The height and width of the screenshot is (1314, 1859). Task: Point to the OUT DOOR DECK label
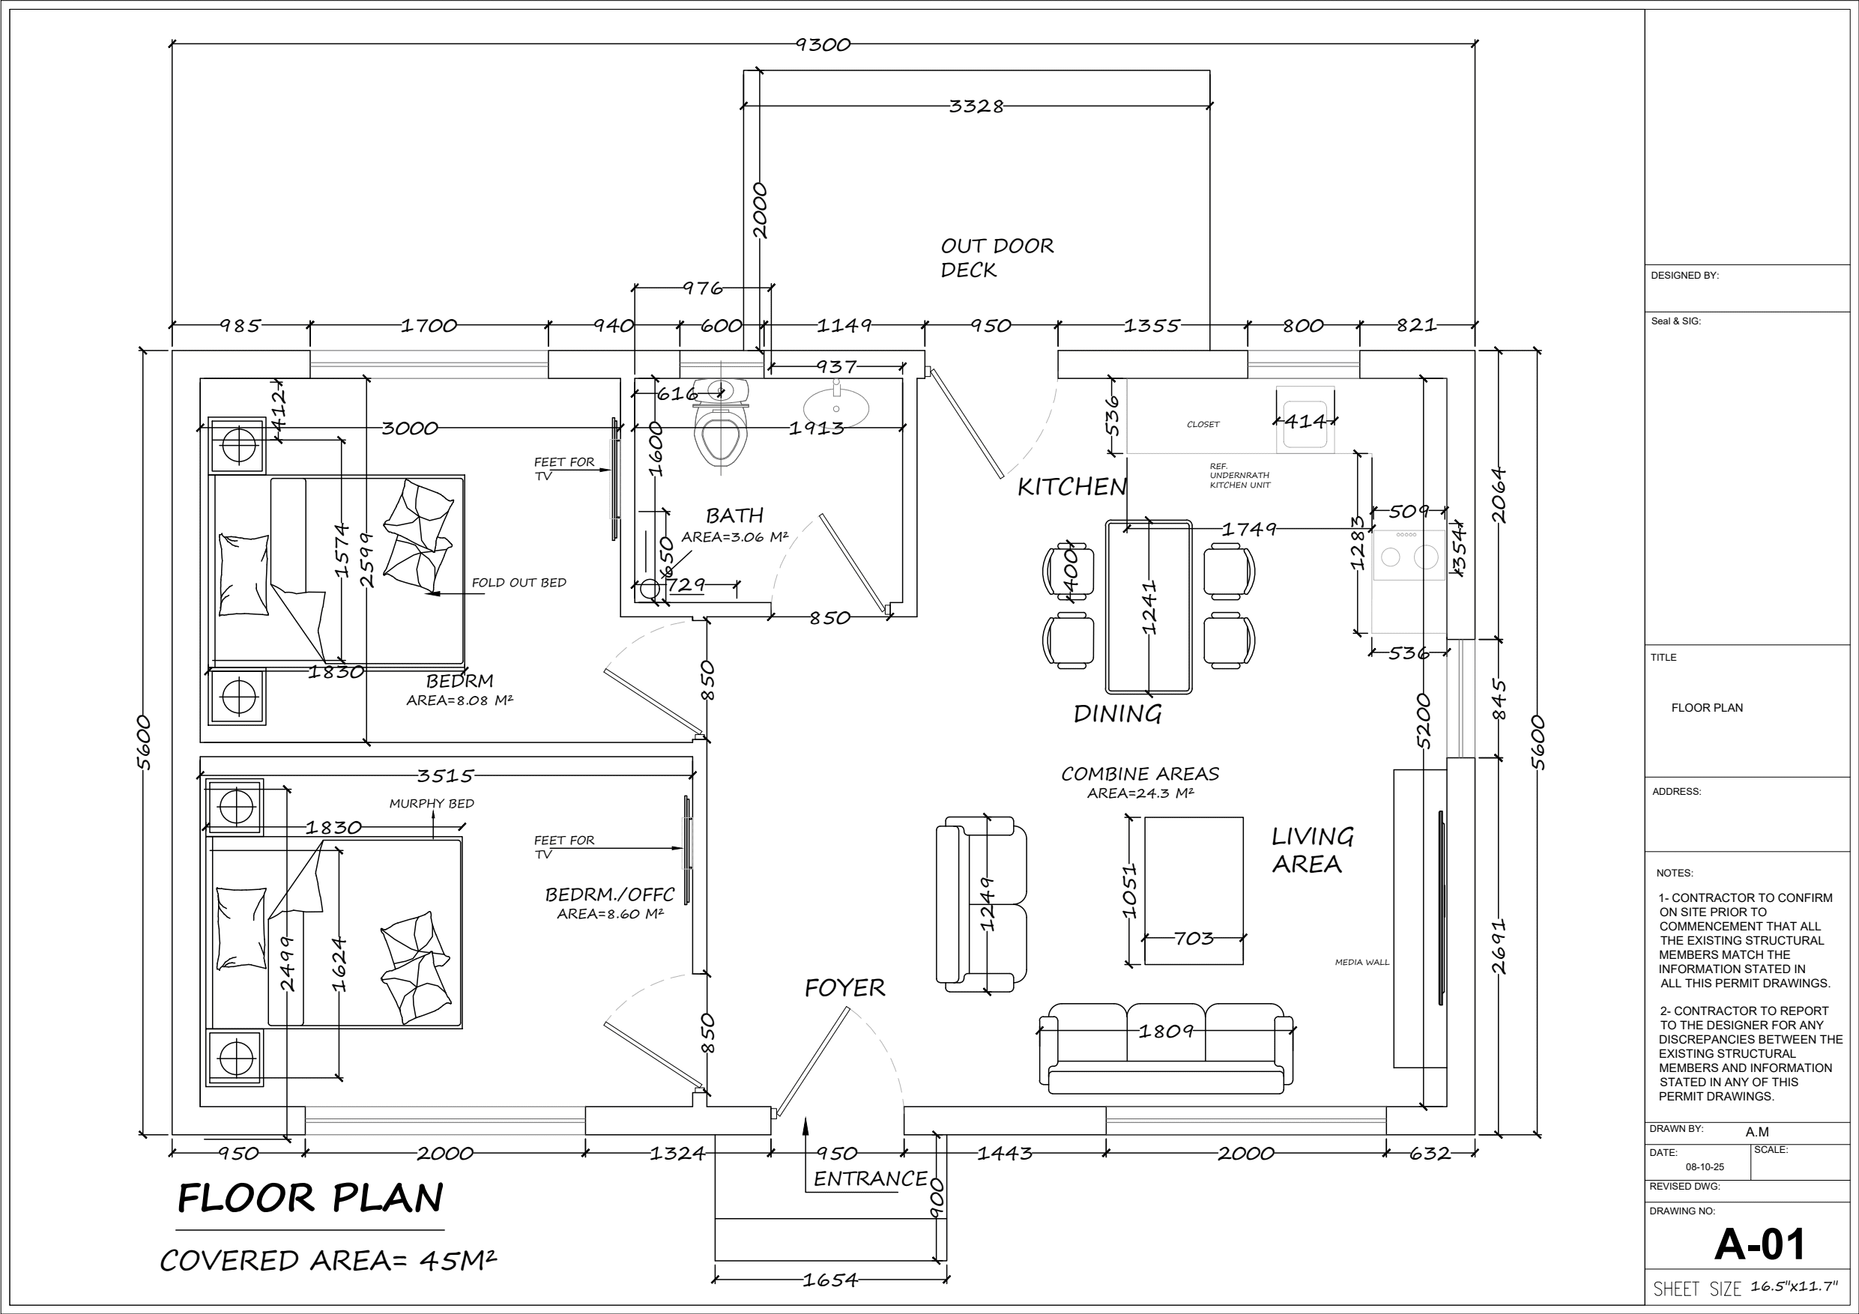(997, 258)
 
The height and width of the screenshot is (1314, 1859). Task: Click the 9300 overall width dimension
(823, 44)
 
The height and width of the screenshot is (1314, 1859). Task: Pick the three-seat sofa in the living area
(1166, 1049)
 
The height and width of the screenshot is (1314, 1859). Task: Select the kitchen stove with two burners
(1409, 555)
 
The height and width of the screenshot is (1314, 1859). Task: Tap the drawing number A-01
(1759, 1244)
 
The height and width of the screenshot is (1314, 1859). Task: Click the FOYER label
(844, 987)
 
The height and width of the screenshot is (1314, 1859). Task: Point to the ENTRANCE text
(871, 1179)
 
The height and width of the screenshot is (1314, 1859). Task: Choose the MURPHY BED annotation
(432, 803)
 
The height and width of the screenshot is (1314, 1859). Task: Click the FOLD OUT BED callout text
(519, 582)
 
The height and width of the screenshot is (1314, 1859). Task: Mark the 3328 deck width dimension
(976, 106)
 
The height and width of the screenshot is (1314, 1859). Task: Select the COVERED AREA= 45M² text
(328, 1261)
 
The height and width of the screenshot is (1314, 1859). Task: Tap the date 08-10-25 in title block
(1705, 1167)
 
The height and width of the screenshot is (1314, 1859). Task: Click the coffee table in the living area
(1194, 891)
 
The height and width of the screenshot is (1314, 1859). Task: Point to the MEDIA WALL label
(1362, 963)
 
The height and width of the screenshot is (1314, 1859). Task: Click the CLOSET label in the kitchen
(1203, 424)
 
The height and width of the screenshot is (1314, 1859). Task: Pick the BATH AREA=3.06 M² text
(734, 525)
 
